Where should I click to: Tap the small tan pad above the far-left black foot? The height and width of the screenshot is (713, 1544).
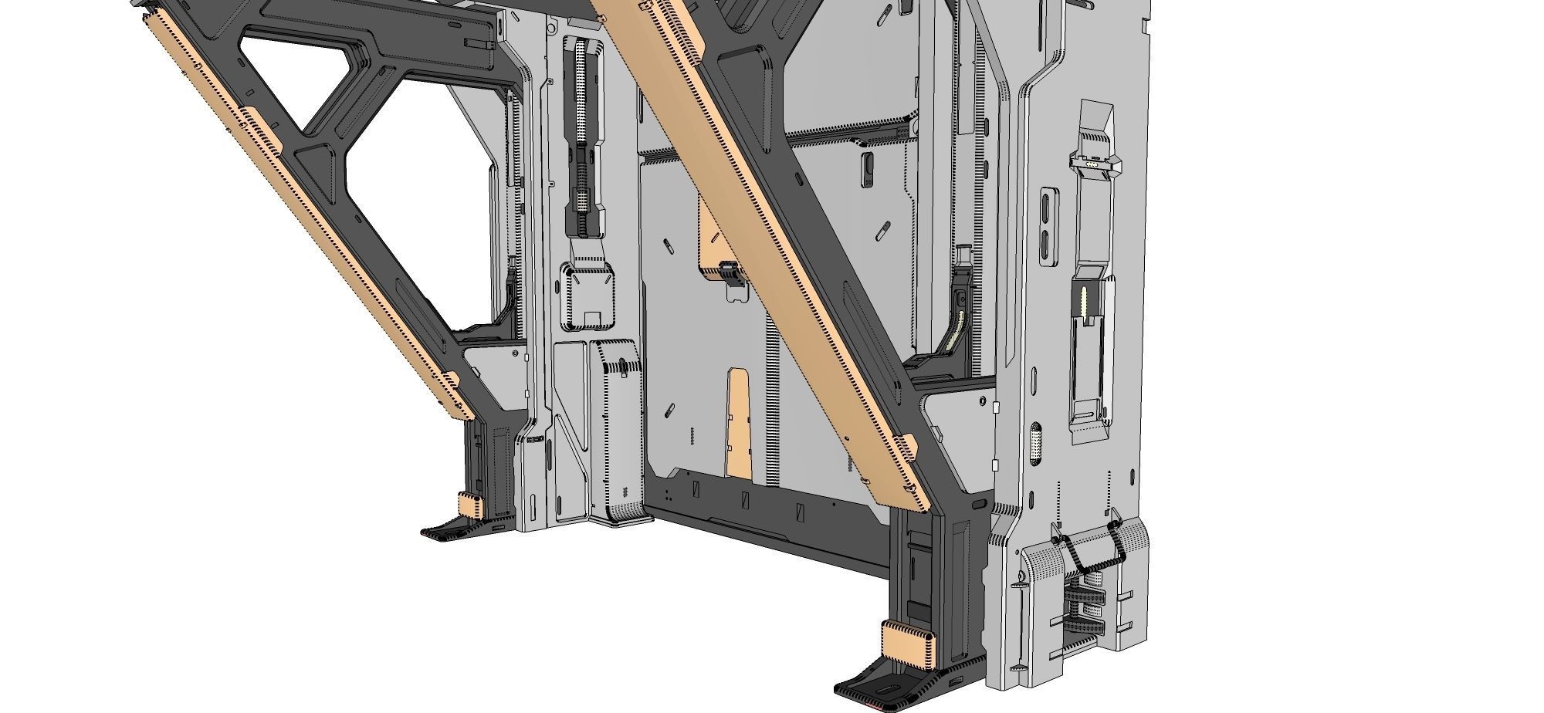[x=470, y=505]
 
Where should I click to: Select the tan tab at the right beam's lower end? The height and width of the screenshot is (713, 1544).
[x=909, y=447]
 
